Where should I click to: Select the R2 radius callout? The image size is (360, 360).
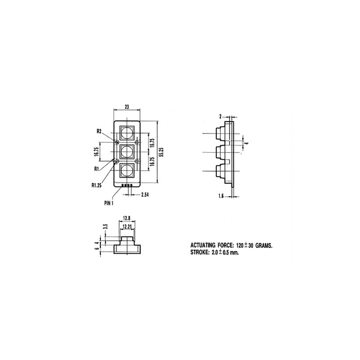coord(99,131)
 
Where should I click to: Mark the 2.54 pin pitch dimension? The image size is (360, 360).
coord(145,194)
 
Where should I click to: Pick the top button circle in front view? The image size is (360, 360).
coord(127,132)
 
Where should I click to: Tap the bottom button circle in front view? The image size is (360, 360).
coord(127,171)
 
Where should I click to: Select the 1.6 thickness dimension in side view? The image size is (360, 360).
coord(221,196)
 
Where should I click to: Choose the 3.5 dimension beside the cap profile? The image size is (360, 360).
coord(105,226)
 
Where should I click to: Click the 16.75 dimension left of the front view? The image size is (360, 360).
coord(96,152)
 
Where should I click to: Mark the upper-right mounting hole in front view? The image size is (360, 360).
coord(137,142)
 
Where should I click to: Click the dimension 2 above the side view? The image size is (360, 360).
coord(220,116)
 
